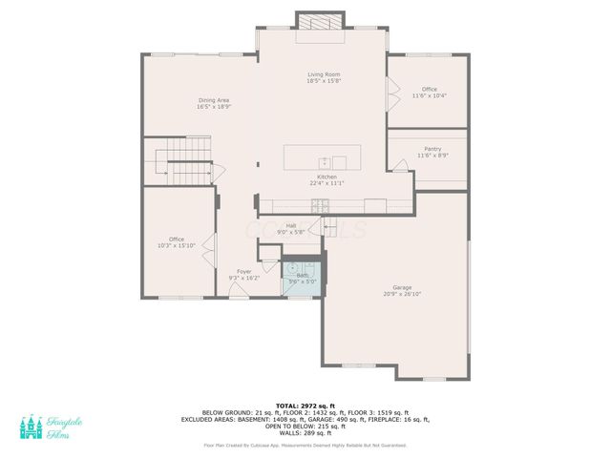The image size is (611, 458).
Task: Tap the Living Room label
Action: pyautogui.click(x=324, y=74)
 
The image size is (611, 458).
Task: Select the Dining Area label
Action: pyautogui.click(x=214, y=100)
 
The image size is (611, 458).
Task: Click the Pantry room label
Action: pyautogui.click(x=432, y=149)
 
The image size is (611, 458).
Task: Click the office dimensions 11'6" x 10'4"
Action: pyautogui.click(x=430, y=95)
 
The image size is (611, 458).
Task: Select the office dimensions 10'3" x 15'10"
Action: pyautogui.click(x=177, y=245)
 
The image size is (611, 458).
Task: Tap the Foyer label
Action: pyautogui.click(x=243, y=271)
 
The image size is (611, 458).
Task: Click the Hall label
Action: pyautogui.click(x=290, y=225)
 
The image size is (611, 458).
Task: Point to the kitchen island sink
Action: pyautogui.click(x=325, y=160)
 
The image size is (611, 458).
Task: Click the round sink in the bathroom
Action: pyautogui.click(x=293, y=268)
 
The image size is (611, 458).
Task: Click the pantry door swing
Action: pyautogui.click(x=400, y=166)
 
